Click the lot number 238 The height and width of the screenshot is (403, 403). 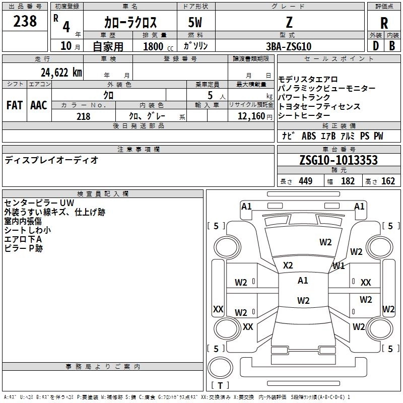[25, 21]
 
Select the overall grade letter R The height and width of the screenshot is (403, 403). [384, 23]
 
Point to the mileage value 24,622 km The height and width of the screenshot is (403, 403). [60, 72]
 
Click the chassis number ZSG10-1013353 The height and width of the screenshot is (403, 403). [339, 161]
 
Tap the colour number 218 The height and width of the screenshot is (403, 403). [84, 116]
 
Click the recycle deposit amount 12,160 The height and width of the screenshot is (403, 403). [251, 116]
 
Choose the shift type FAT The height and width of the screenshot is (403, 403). [15, 105]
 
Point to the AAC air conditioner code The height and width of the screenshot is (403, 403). [39, 105]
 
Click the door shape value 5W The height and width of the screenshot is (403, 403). [195, 23]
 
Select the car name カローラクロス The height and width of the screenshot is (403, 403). [130, 23]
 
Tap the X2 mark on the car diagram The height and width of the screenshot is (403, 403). [288, 265]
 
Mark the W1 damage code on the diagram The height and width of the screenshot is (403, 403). [339, 265]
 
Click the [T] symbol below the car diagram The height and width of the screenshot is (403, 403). [220, 386]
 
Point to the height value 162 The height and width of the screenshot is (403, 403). [388, 181]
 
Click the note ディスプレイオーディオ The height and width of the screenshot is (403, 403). [51, 160]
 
